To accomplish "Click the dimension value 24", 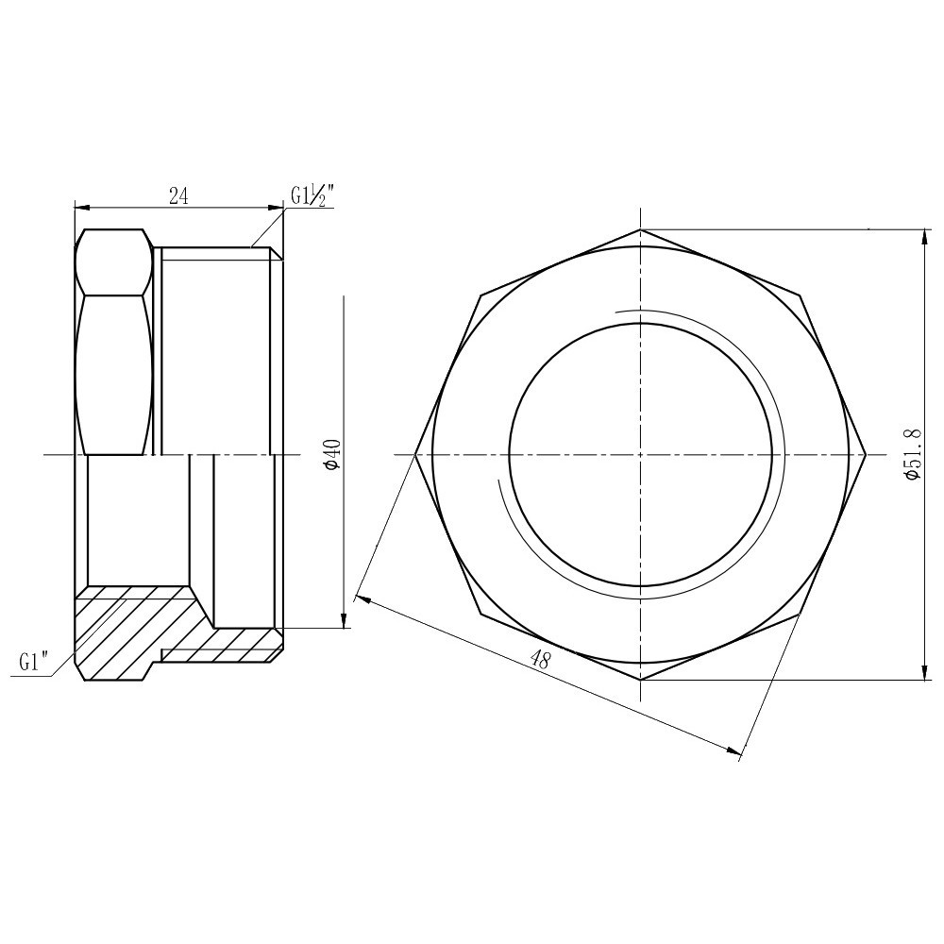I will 178,196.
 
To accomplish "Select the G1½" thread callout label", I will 312,196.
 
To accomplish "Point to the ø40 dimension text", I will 331,454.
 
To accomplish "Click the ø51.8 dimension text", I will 912,454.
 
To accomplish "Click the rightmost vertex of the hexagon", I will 866,455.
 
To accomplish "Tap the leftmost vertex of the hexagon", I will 415,455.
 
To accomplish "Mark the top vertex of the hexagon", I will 641,229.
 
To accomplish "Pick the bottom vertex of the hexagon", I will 641,680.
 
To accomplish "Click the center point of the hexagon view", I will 641,455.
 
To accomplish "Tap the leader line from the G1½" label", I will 269,229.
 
